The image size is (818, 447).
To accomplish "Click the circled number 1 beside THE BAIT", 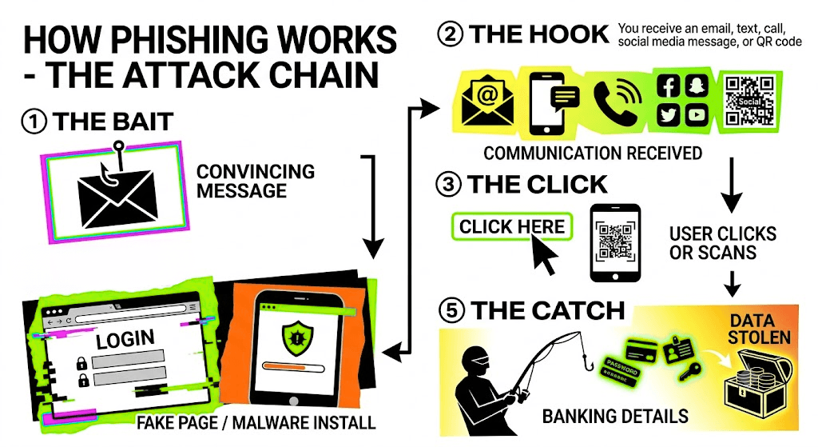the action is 34,122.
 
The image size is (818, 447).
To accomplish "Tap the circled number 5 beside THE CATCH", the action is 452,311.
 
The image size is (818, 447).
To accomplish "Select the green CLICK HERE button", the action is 512,226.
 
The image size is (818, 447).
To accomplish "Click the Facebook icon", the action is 669,86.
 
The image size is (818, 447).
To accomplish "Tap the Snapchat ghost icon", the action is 696,86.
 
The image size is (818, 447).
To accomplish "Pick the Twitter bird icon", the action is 669,114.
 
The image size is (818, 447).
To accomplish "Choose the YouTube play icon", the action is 696,114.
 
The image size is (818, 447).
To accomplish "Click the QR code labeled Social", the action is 749,100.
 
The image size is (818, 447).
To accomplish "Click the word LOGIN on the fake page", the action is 125,339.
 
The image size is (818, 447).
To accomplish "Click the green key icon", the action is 689,371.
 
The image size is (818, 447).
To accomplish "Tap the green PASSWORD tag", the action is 621,371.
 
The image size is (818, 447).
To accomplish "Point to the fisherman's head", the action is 476,361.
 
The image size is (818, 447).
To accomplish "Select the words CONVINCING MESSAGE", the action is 256,182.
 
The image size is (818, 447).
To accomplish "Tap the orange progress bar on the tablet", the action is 284,367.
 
